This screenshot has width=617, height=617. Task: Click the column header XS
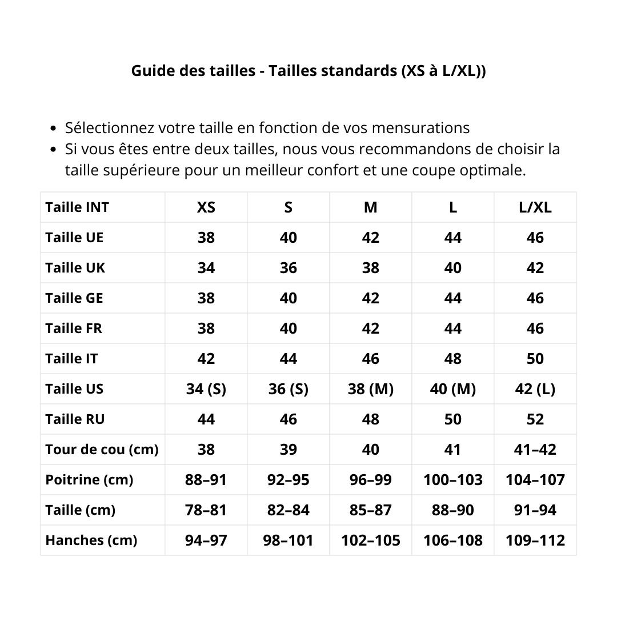coord(206,207)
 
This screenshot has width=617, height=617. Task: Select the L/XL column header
coord(535,207)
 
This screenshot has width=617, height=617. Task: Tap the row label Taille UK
coord(75,268)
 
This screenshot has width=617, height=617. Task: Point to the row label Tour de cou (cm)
coord(102,450)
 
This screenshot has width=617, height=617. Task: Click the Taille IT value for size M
coord(370,359)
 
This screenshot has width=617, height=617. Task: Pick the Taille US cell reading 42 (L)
coord(535,389)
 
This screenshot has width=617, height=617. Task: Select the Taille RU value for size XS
coord(206,419)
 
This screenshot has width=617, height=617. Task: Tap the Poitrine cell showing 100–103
coord(452,480)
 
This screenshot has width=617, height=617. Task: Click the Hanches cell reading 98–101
coord(288,540)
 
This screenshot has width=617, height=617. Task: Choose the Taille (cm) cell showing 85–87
coord(370,510)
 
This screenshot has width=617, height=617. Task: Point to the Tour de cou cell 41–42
coord(535,450)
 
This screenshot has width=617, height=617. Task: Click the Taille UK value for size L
coord(452,268)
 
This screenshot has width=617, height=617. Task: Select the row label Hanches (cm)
coord(91,540)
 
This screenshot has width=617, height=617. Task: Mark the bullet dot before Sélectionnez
coord(54,129)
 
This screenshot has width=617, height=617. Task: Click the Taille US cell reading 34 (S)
coord(206,389)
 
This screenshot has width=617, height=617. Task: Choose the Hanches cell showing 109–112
coord(535,540)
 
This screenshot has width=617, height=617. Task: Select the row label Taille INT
coord(77,207)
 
